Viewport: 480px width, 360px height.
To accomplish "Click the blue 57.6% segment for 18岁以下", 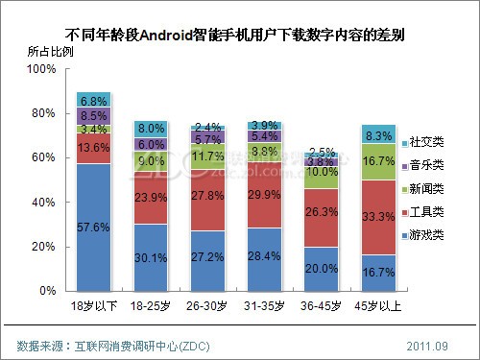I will tap(93, 227).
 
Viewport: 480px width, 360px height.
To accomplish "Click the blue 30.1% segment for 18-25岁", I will tap(151, 256).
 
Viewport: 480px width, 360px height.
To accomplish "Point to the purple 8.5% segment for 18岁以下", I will tap(93, 115).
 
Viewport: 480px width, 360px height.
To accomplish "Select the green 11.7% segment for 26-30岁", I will tap(207, 156).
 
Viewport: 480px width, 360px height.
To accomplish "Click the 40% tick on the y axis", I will tap(45, 203).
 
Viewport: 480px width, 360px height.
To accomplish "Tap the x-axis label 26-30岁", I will tap(207, 306).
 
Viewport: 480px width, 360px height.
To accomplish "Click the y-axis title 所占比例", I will tap(37, 51).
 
